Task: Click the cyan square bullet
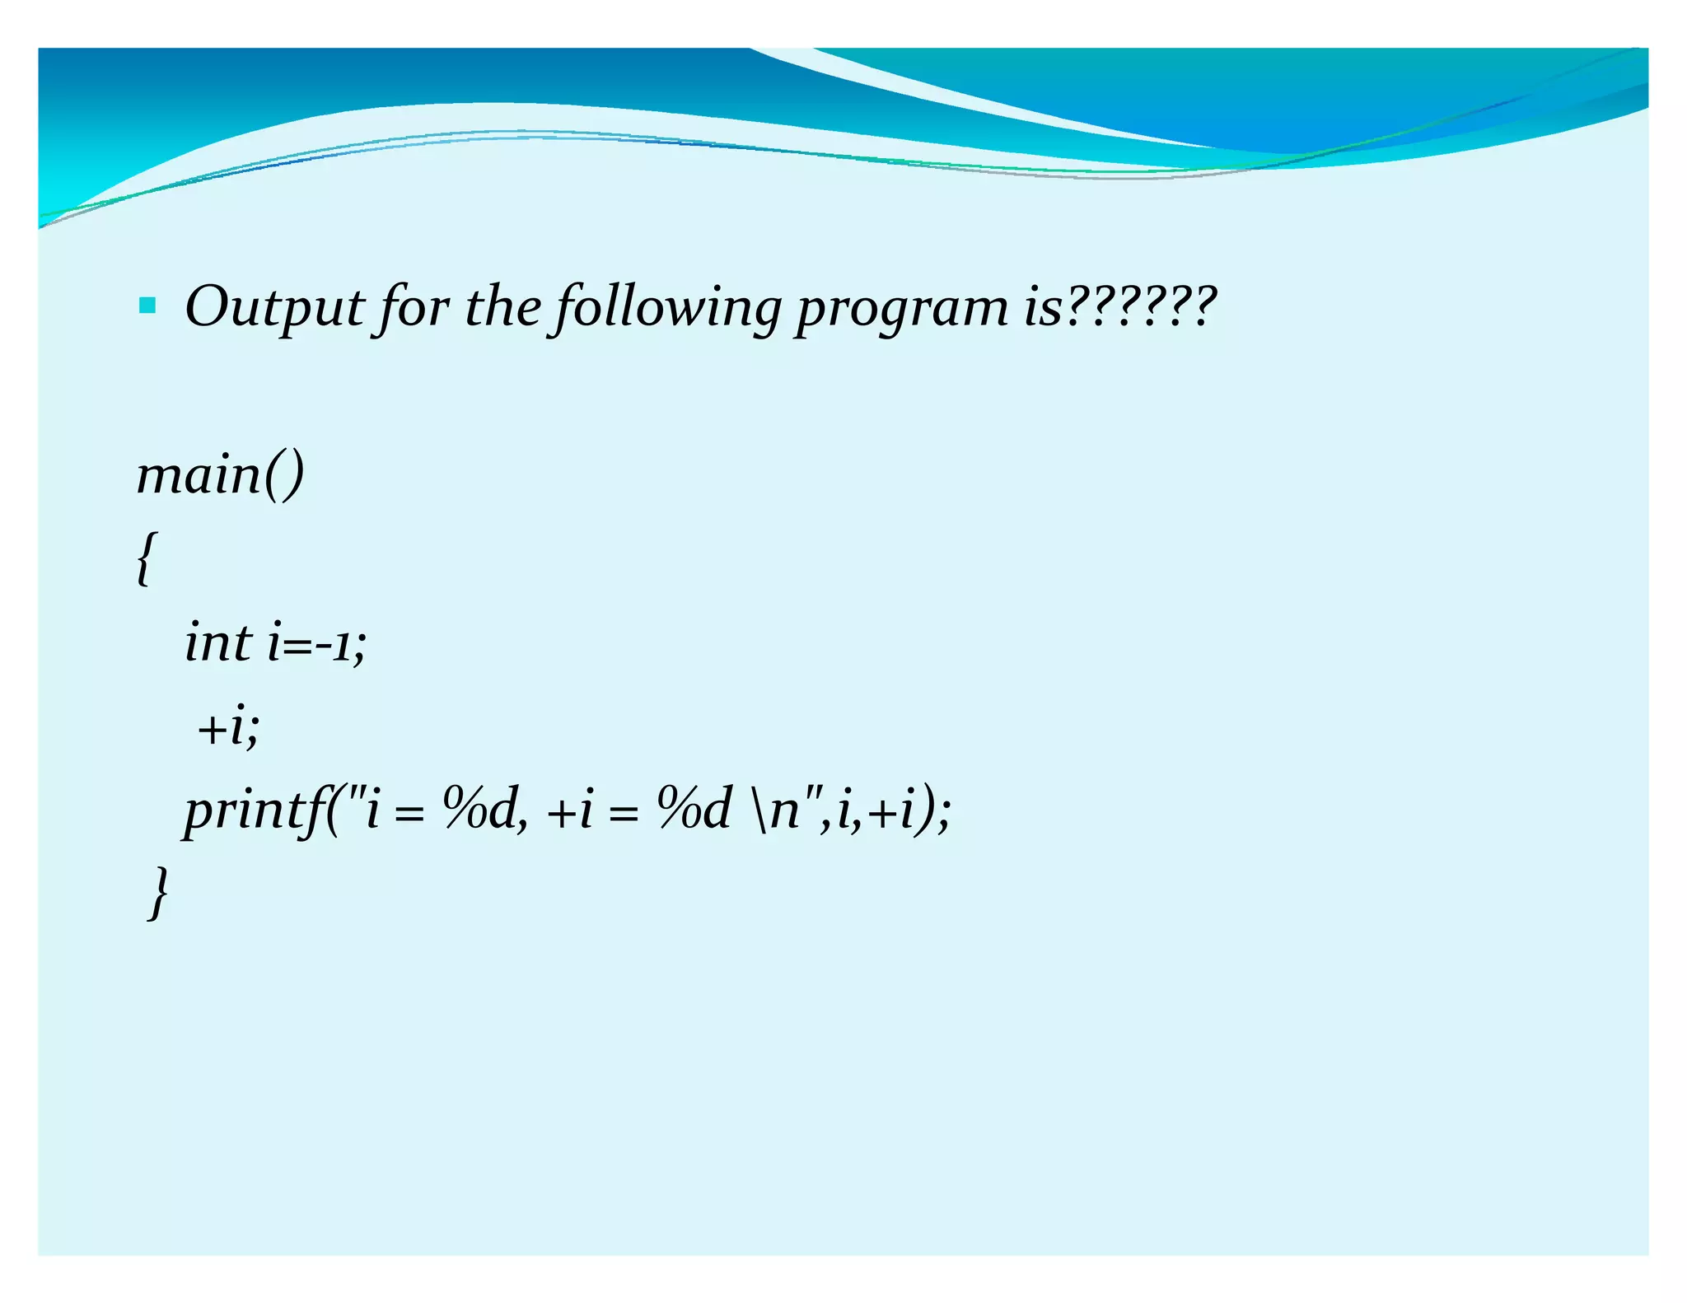point(147,306)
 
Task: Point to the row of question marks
point(1140,306)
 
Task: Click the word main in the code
point(199,476)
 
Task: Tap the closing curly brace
point(159,892)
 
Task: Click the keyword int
point(217,642)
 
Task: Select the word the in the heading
point(502,306)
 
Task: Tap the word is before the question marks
point(1042,307)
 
